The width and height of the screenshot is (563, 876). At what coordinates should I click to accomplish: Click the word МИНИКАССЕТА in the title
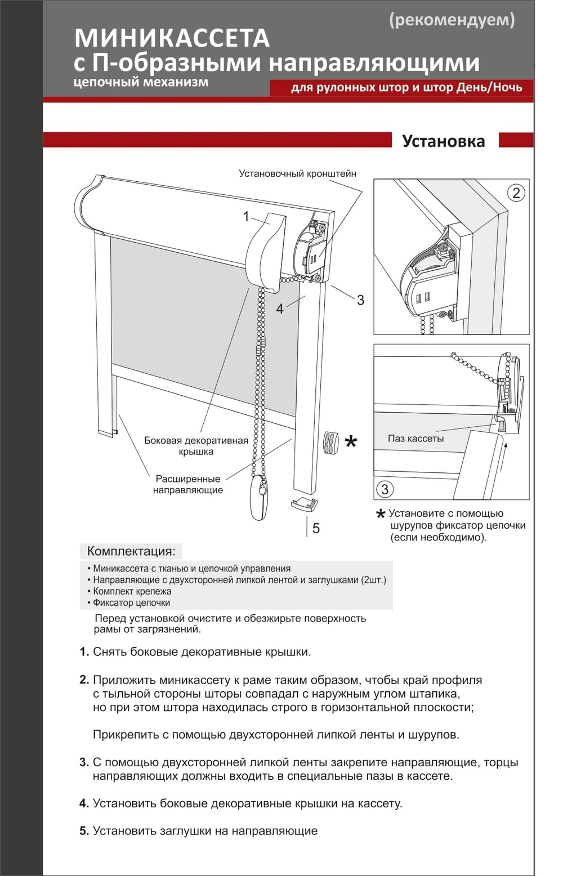(x=172, y=38)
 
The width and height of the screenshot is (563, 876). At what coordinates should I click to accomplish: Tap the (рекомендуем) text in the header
(x=452, y=20)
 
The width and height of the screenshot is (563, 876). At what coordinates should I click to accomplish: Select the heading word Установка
(x=443, y=141)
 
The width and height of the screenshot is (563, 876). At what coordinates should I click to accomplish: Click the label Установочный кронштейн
(x=297, y=173)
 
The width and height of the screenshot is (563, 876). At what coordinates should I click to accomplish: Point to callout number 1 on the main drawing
(x=245, y=216)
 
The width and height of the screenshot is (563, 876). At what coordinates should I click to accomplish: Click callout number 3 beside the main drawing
(x=360, y=300)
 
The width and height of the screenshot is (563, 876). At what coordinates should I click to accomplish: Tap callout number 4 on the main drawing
(x=280, y=309)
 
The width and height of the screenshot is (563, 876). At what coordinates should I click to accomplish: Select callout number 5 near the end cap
(x=316, y=528)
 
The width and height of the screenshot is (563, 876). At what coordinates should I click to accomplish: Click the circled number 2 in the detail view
(x=516, y=193)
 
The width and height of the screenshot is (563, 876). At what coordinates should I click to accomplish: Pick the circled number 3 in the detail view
(x=385, y=489)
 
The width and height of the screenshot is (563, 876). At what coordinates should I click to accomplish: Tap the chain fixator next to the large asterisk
(x=330, y=443)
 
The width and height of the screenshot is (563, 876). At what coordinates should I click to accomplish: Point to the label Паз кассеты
(x=415, y=439)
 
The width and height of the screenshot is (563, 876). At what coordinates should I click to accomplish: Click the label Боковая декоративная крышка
(x=196, y=446)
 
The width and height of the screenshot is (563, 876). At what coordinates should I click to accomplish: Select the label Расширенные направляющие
(x=188, y=484)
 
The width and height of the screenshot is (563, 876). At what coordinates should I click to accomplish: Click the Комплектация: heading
(x=131, y=551)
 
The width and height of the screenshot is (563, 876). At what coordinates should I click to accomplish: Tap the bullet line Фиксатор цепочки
(x=131, y=603)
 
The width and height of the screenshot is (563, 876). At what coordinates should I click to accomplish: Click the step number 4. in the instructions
(x=84, y=803)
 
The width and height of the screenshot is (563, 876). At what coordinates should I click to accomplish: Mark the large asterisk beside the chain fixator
(x=351, y=442)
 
